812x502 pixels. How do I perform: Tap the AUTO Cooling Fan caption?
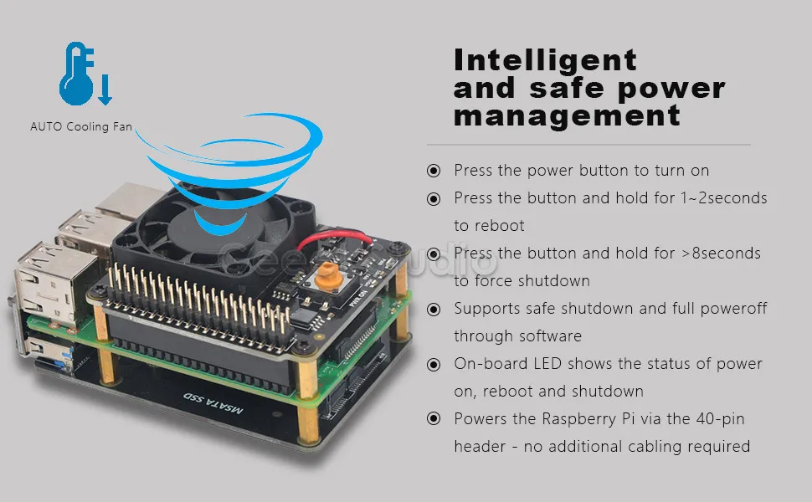pyautogui.click(x=81, y=127)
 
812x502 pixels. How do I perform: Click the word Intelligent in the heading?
pyautogui.click(x=545, y=60)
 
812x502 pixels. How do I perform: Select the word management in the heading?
pyautogui.click(x=567, y=115)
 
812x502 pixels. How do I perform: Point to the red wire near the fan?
pyautogui.click(x=335, y=238)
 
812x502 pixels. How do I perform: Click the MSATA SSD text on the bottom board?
pyautogui.click(x=213, y=403)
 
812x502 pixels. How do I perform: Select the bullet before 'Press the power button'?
pyautogui.click(x=434, y=171)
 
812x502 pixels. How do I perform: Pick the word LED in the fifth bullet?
pyautogui.click(x=548, y=363)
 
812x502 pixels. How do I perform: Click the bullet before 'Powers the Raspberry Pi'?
pyautogui.click(x=434, y=418)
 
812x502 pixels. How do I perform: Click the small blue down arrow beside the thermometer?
pyautogui.click(x=105, y=90)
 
